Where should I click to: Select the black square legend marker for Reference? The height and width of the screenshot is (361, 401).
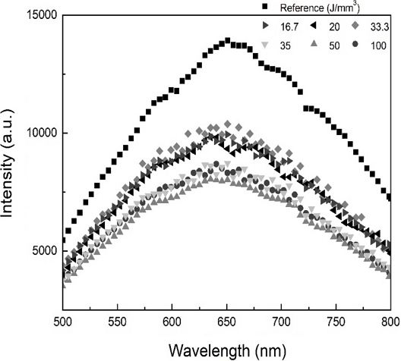pos(265,8)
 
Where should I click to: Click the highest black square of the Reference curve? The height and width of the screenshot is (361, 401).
pos(227,41)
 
